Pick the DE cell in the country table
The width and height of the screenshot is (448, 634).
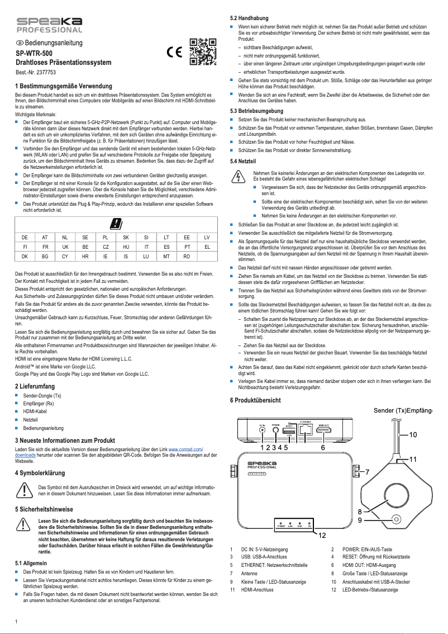pyautogui.click(x=25, y=238)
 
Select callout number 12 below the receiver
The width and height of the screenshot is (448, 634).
pyautogui.click(x=322, y=535)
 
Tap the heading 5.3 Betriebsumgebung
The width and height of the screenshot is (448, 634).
pyautogui.click(x=261, y=111)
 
